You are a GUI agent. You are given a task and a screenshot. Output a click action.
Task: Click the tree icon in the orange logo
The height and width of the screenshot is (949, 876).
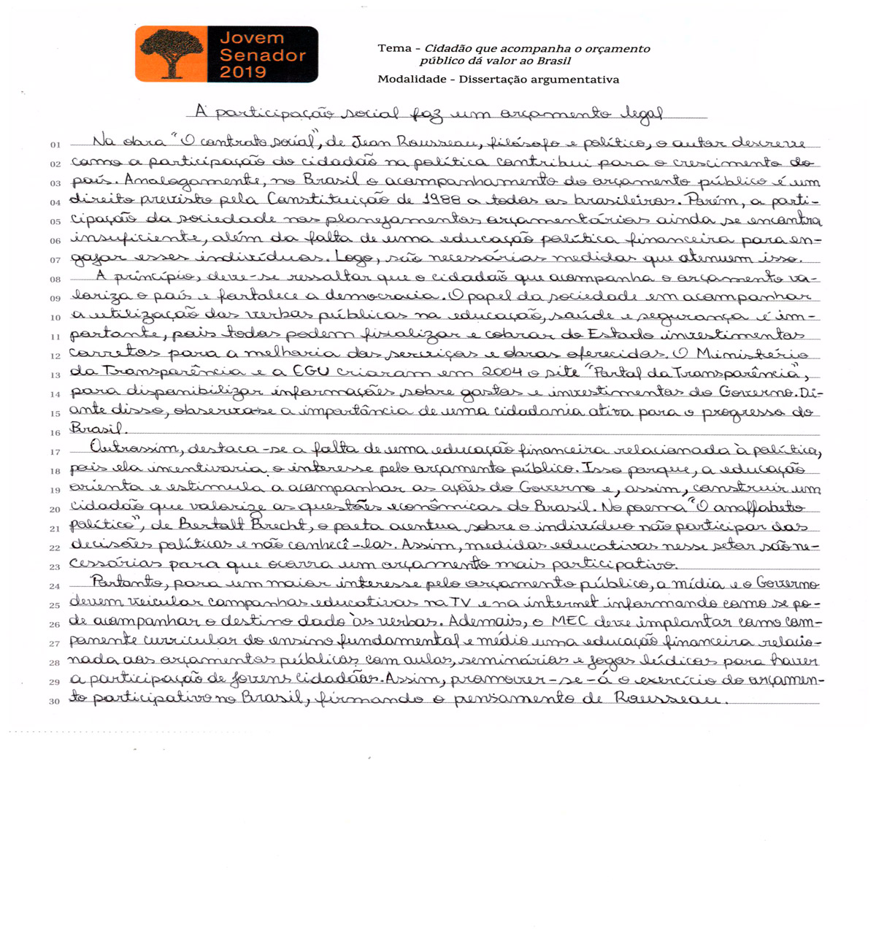click(x=172, y=53)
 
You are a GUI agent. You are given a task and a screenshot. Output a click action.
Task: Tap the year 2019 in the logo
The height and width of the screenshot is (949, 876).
click(x=243, y=72)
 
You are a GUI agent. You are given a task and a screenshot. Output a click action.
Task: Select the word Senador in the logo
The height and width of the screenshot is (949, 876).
click(x=263, y=55)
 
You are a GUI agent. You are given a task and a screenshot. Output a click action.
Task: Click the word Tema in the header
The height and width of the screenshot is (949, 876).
click(x=395, y=48)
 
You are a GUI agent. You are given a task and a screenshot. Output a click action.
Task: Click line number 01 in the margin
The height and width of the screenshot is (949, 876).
click(x=55, y=145)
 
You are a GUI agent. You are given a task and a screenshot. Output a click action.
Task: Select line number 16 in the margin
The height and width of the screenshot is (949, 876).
click(x=55, y=433)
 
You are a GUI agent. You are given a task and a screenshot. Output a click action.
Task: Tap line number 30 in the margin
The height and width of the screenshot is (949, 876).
click(x=55, y=702)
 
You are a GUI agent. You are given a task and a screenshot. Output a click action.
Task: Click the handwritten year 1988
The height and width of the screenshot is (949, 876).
click(x=443, y=199)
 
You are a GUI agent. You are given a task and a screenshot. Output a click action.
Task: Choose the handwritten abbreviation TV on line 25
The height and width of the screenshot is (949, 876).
click(x=459, y=603)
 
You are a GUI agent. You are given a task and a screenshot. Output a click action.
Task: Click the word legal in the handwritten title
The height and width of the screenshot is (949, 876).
click(x=642, y=114)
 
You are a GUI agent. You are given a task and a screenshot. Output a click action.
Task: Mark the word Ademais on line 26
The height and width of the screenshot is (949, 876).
click(x=486, y=622)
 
